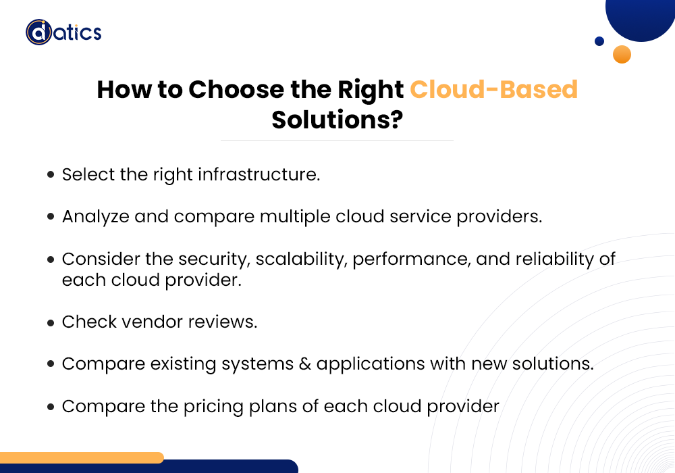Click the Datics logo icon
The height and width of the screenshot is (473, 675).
(x=38, y=32)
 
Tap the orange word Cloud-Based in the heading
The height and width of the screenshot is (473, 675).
(x=493, y=90)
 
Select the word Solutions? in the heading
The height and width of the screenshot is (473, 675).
(x=337, y=120)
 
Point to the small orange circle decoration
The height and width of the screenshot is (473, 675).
(x=622, y=54)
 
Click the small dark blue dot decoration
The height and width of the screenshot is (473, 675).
(x=599, y=41)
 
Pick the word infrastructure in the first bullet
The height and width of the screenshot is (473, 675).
(x=259, y=174)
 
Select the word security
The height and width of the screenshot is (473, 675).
(x=211, y=259)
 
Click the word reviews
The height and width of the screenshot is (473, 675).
(x=223, y=322)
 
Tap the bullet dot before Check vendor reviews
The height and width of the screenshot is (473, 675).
(x=51, y=323)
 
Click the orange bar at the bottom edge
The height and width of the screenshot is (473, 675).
(x=81, y=457)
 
